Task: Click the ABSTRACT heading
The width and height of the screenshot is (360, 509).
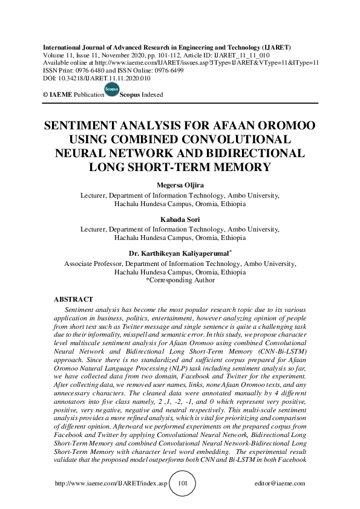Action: point(73,299)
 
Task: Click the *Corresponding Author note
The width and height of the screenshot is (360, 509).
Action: point(180,280)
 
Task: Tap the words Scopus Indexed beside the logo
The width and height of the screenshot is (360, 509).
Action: point(142,95)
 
